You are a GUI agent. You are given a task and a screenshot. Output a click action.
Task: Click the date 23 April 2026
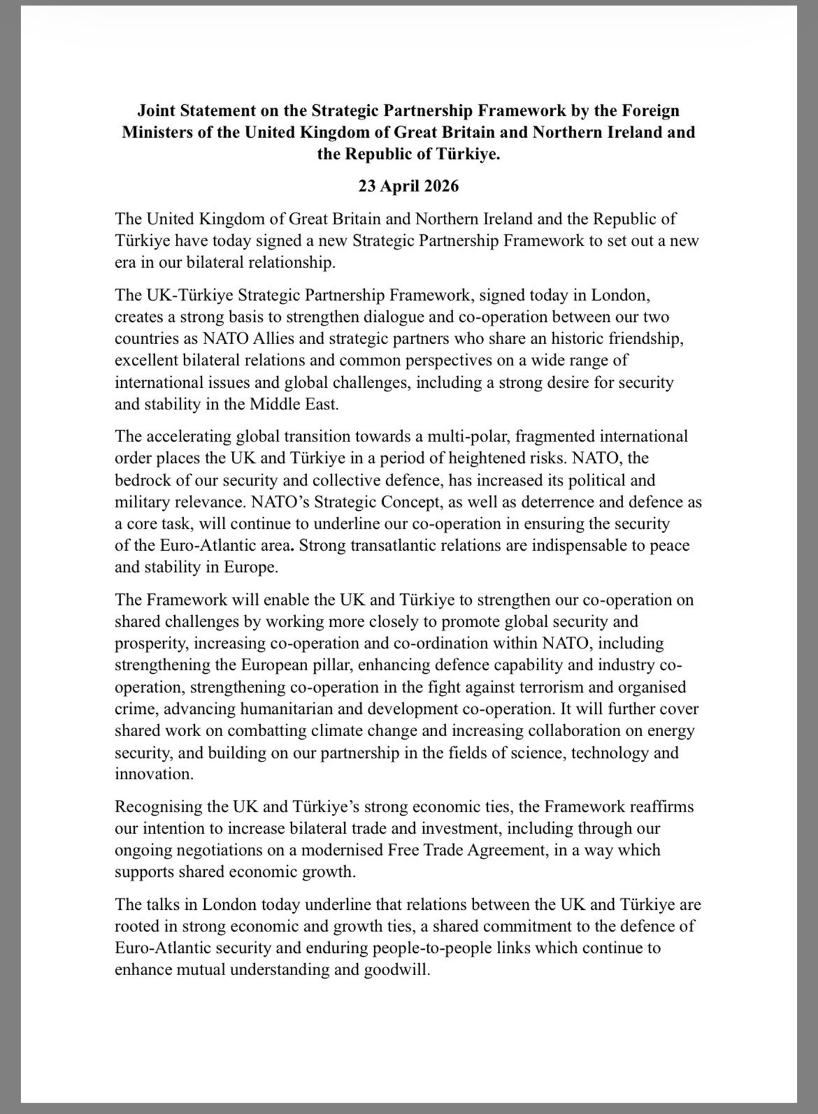408,187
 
